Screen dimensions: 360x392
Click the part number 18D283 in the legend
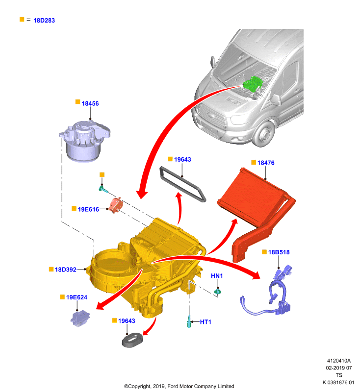[x=44, y=21]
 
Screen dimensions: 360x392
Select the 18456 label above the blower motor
[x=90, y=103]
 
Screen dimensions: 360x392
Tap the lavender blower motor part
[x=84, y=141]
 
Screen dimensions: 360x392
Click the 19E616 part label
[x=88, y=209]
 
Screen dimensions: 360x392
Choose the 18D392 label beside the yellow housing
[x=66, y=269]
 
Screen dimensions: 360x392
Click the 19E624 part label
[x=77, y=297]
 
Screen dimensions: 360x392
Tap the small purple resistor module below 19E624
[x=80, y=318]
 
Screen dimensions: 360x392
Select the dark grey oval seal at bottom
[x=132, y=340]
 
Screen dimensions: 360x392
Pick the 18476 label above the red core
[x=266, y=163]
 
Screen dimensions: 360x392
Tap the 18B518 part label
[x=279, y=252]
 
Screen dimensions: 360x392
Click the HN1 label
[x=217, y=276]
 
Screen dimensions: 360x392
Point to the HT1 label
[x=206, y=322]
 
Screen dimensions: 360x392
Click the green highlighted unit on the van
[x=253, y=84]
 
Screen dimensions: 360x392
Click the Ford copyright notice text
[x=179, y=386]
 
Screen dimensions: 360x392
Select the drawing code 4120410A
[x=339, y=361]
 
